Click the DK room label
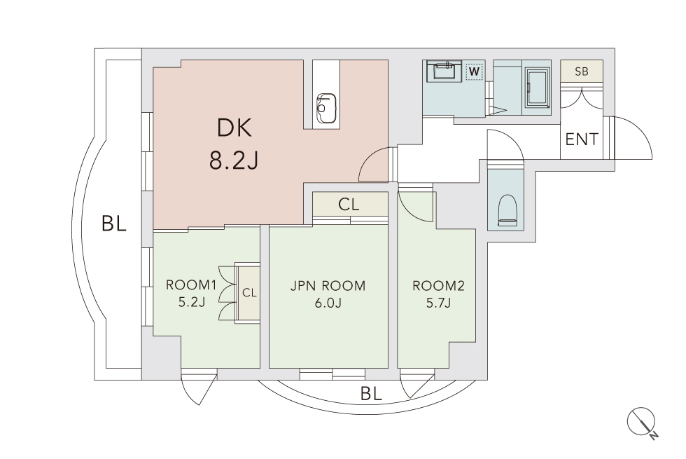pyautogui.click(x=234, y=128)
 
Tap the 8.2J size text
pyautogui.click(x=234, y=160)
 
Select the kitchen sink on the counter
pyautogui.click(x=326, y=109)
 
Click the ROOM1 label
pyautogui.click(x=191, y=285)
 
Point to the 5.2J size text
pyautogui.click(x=192, y=302)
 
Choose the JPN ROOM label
pyautogui.click(x=328, y=286)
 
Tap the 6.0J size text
pyautogui.click(x=328, y=302)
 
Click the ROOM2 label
pyautogui.click(x=438, y=286)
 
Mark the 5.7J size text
pyautogui.click(x=438, y=302)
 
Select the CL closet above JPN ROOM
pyautogui.click(x=349, y=204)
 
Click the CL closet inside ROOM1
pyautogui.click(x=249, y=293)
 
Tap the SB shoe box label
pyautogui.click(x=582, y=71)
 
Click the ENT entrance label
pyautogui.click(x=582, y=139)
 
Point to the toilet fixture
pyautogui.click(x=507, y=210)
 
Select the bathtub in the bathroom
pyautogui.click(x=538, y=88)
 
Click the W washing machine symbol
pyautogui.click(x=475, y=71)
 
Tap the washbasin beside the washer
pyautogui.click(x=444, y=71)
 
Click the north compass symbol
pyautogui.click(x=643, y=423)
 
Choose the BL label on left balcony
pyautogui.click(x=113, y=224)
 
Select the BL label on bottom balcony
pyautogui.click(x=371, y=394)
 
